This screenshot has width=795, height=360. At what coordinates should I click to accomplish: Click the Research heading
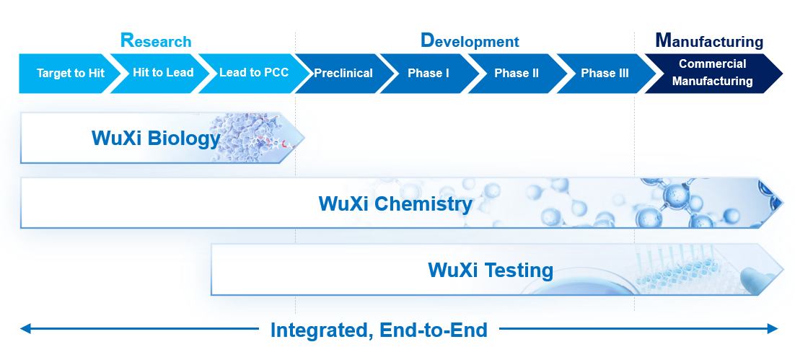pyautogui.click(x=156, y=40)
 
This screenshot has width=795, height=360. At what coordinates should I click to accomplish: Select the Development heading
pyautogui.click(x=470, y=40)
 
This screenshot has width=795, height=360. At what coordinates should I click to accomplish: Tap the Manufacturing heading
pyautogui.click(x=709, y=40)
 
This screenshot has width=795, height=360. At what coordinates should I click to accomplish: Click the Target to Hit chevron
pyautogui.click(x=69, y=74)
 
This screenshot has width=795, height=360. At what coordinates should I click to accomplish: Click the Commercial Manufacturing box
pyautogui.click(x=712, y=74)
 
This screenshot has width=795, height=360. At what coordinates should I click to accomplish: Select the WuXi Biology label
pyautogui.click(x=156, y=138)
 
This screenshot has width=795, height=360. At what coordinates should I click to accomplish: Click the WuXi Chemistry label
pyautogui.click(x=395, y=204)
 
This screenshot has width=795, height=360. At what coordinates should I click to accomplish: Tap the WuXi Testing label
pyautogui.click(x=491, y=270)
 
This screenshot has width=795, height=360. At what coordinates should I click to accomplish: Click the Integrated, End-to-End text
pyautogui.click(x=379, y=330)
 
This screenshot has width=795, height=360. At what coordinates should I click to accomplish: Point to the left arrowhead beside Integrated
pyautogui.click(x=25, y=329)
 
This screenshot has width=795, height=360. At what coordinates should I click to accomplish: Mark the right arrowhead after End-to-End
pyautogui.click(x=773, y=329)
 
